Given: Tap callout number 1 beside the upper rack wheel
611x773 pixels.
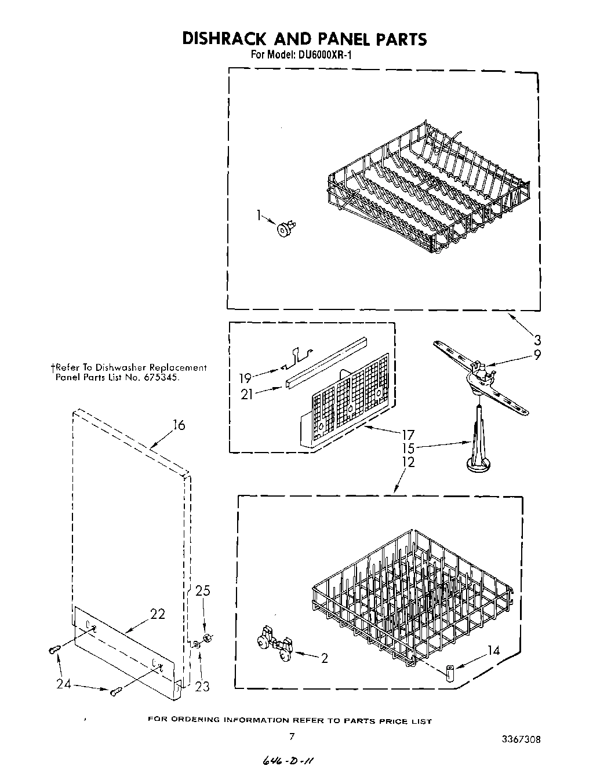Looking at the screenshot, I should [259, 215].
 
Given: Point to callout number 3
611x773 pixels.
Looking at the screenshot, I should [537, 340].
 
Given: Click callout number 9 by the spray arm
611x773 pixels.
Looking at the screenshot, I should [537, 355].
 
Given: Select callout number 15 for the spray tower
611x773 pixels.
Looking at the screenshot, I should [408, 448].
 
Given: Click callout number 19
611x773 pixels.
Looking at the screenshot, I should [245, 378].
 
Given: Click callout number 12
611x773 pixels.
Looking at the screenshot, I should [408, 462].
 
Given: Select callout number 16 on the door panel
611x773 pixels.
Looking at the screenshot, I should [179, 426].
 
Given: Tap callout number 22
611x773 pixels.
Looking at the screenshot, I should [158, 614].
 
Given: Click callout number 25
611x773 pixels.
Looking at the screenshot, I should [202, 591].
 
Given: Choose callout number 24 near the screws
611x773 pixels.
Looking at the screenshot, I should [64, 684].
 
